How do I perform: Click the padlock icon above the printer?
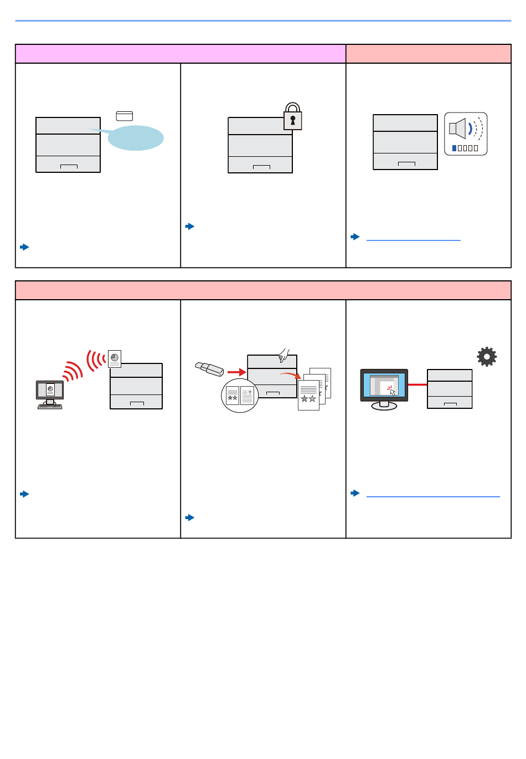pyautogui.click(x=292, y=117)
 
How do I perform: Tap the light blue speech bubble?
pyautogui.click(x=135, y=138)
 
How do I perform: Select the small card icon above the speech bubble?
pyautogui.click(x=125, y=116)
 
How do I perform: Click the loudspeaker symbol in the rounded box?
pyautogui.click(x=458, y=129)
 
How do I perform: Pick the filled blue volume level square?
pyautogui.click(x=455, y=148)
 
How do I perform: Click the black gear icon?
pyautogui.click(x=487, y=357)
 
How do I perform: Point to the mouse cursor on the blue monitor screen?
pyautogui.click(x=393, y=392)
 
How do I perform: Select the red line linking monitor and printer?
pyautogui.click(x=417, y=384)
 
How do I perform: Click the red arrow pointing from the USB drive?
pyautogui.click(x=236, y=372)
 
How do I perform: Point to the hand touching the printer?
pyautogui.click(x=285, y=355)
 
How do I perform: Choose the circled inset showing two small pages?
pyautogui.click(x=240, y=396)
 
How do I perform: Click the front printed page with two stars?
pyautogui.click(x=308, y=395)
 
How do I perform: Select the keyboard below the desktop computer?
pyautogui.click(x=50, y=407)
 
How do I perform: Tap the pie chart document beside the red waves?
pyautogui.click(x=115, y=358)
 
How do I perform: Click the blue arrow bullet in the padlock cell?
pyautogui.click(x=190, y=226)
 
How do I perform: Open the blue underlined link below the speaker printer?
pyautogui.click(x=413, y=240)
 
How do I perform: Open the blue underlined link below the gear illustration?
pyautogui.click(x=433, y=496)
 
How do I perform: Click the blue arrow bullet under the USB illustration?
pyautogui.click(x=190, y=517)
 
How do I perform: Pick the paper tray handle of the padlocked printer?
pyautogui.click(x=261, y=167)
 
